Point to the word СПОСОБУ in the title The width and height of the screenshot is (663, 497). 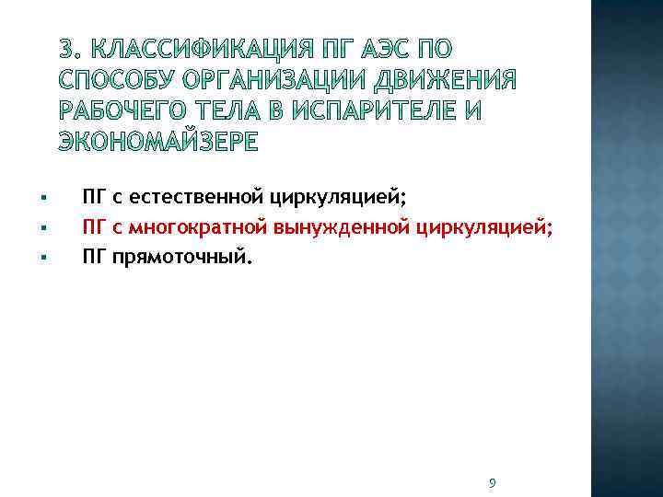113,79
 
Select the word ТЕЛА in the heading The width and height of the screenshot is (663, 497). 229,110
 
